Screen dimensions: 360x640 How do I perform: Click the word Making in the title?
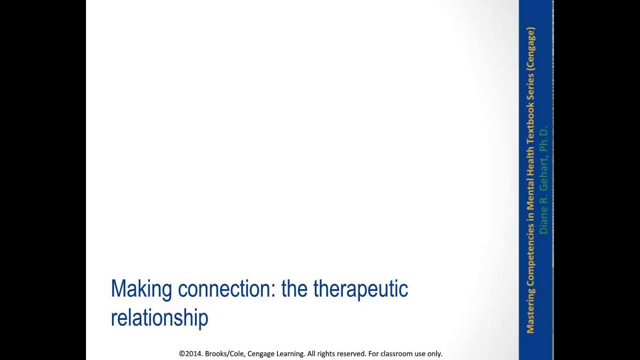[141, 289]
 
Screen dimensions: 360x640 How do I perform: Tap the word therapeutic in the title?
[360, 289]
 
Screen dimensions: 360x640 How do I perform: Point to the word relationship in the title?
[159, 317]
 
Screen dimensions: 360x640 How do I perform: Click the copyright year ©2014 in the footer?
[190, 353]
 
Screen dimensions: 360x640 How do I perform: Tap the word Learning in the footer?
[289, 353]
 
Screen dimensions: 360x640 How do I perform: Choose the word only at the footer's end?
[434, 353]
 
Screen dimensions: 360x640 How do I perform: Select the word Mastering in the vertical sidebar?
[530, 310]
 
